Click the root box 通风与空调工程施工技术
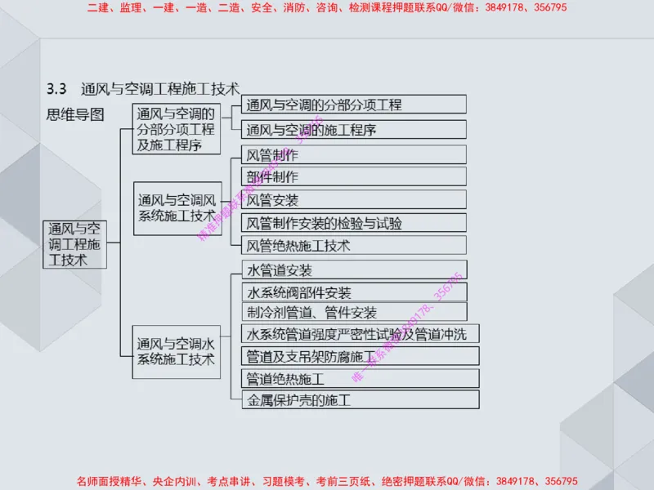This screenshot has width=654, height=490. click(x=74, y=243)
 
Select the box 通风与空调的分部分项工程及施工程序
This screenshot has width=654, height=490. click(x=177, y=129)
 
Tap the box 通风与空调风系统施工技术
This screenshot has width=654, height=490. click(x=177, y=208)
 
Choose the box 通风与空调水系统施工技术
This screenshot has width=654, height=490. click(x=177, y=351)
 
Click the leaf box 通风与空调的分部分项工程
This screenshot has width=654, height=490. click(x=354, y=105)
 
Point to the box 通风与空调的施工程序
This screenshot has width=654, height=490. click(x=354, y=129)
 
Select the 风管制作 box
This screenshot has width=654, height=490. click(x=354, y=154)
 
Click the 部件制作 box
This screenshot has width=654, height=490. click(x=354, y=176)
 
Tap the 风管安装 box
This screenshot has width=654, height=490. click(x=354, y=199)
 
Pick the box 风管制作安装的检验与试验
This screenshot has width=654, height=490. click(x=354, y=222)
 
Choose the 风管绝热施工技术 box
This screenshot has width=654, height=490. click(x=354, y=245)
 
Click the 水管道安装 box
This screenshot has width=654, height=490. click(x=354, y=270)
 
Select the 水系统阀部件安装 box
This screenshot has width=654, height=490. click(x=354, y=292)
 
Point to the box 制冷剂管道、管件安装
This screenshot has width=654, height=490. click(x=354, y=312)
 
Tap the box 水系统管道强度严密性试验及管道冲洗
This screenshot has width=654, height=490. click(x=361, y=333)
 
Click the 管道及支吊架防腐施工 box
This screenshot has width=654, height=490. click(x=361, y=356)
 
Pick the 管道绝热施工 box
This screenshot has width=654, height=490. click(x=361, y=379)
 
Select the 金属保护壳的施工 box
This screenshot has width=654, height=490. click(x=361, y=400)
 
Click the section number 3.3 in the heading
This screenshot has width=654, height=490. click(x=57, y=87)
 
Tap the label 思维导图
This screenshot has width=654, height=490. click(x=75, y=114)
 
